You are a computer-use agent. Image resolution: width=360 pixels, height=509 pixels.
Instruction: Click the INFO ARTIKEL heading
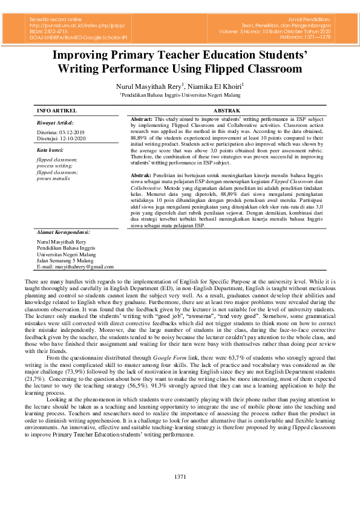57,111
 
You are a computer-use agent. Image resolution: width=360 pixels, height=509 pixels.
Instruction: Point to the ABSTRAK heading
227,111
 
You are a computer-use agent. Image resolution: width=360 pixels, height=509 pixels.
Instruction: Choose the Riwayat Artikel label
54,122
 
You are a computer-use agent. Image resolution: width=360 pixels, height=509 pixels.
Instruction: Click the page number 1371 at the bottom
180,478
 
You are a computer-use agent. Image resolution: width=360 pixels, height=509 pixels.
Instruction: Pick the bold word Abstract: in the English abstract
142,120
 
